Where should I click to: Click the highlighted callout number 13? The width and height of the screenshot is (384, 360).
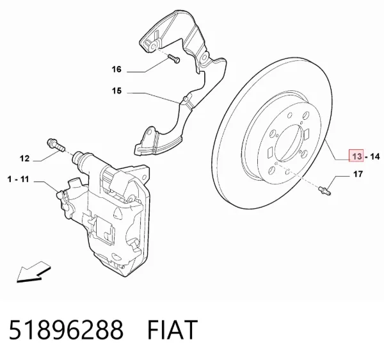point(356,156)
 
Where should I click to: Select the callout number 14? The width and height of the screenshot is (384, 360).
point(374,156)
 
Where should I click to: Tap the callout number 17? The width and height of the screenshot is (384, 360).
point(358,174)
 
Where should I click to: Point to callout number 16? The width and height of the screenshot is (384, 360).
point(116,69)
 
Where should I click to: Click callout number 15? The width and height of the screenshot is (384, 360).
point(117,91)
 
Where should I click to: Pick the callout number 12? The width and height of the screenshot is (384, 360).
point(24,159)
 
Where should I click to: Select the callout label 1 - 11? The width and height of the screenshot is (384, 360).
point(18,179)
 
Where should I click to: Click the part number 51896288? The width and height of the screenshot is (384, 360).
point(66,330)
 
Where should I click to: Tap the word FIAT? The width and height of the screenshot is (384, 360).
point(172,330)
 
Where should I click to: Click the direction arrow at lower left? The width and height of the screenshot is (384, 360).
point(33,272)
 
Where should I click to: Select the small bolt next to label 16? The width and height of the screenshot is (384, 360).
point(173,59)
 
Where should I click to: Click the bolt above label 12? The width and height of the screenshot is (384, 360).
point(56,145)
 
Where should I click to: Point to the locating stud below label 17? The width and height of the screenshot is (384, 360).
point(324,190)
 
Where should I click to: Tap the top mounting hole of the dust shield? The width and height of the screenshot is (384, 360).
point(154,46)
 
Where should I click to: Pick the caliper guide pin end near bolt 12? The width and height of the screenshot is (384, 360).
point(79,158)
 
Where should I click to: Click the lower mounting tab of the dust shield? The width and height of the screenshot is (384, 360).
point(149,140)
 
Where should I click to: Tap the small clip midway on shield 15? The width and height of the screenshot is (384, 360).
point(186,100)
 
